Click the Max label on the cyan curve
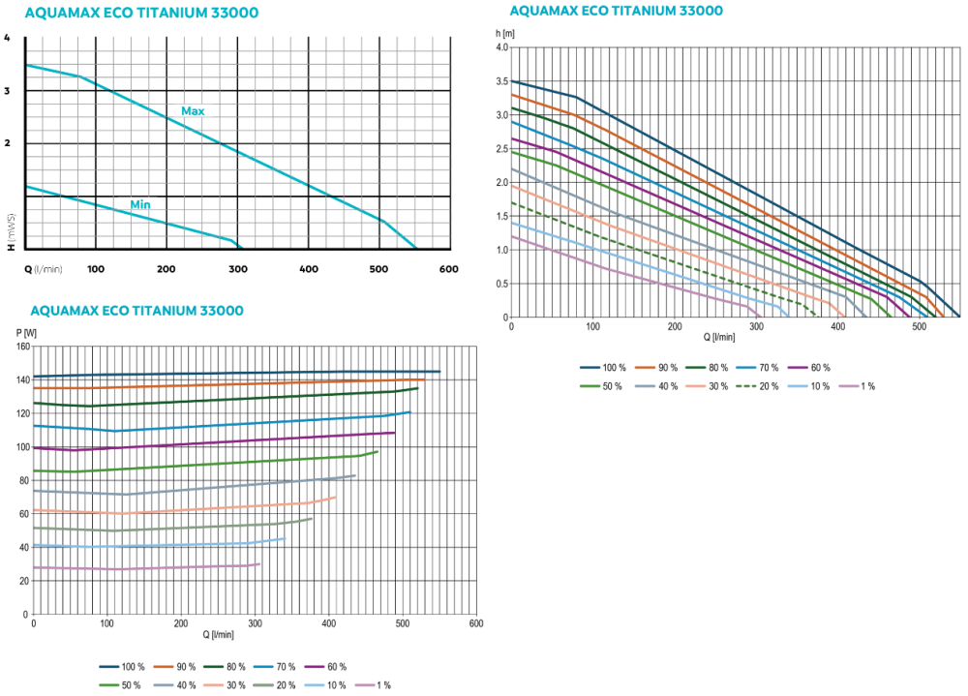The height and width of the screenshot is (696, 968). (x=193, y=111)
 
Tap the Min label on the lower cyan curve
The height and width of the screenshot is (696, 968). (x=140, y=205)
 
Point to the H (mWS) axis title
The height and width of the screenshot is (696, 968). (x=10, y=231)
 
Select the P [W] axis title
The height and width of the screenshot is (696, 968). (x=25, y=333)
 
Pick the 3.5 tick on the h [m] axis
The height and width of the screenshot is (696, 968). (x=500, y=81)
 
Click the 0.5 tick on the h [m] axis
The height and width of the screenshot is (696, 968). (x=500, y=284)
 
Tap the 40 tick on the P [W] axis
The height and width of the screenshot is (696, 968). (x=22, y=548)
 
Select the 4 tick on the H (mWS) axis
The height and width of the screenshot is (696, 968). (x=8, y=39)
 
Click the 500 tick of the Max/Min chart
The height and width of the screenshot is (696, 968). (x=378, y=269)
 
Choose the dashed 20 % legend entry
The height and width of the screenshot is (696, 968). (x=760, y=386)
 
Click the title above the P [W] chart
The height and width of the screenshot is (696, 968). (x=136, y=311)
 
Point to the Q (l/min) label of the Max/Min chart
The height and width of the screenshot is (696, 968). (x=44, y=269)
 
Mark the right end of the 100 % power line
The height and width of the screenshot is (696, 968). (x=439, y=372)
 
